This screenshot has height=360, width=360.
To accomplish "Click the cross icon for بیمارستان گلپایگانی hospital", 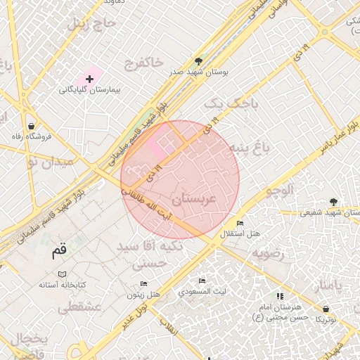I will (x=89, y=79).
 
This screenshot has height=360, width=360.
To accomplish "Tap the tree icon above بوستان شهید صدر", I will (x=198, y=61).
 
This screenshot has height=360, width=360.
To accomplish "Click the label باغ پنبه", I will (x=250, y=148).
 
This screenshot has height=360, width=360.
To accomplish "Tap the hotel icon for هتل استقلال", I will (x=240, y=222).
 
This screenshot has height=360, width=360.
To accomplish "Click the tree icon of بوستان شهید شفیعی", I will (x=333, y=202).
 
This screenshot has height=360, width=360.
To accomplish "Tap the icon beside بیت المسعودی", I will (x=202, y=281).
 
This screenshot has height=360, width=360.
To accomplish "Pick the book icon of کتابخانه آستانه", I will (x=63, y=274).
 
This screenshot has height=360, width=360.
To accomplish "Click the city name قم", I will (x=59, y=250).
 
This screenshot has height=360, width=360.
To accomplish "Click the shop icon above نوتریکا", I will (x=326, y=309).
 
